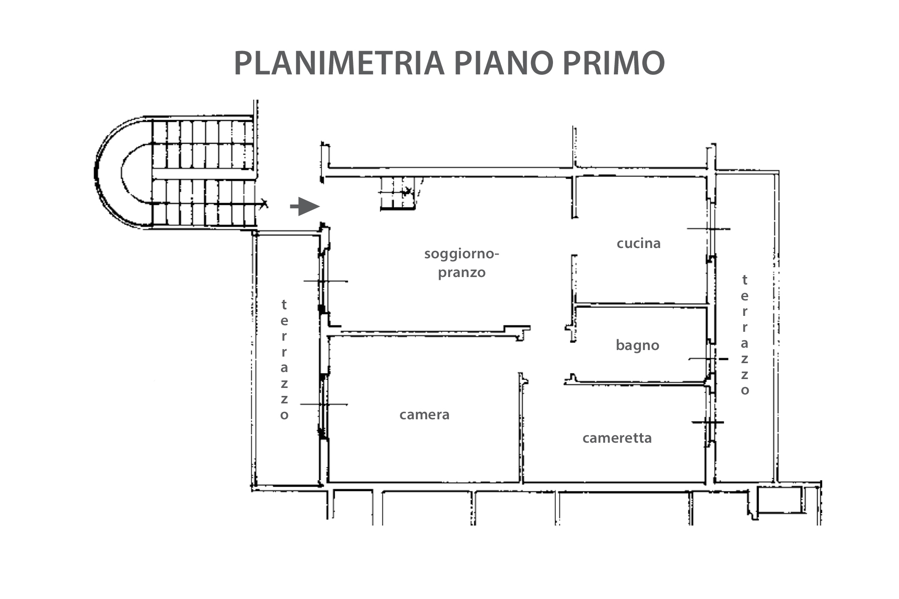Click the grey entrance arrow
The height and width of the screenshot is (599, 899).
(304, 206)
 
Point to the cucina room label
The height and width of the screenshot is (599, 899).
(639, 243)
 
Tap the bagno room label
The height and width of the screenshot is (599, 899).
(637, 345)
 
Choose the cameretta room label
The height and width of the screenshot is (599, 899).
(617, 438)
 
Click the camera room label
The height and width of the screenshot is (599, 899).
(424, 415)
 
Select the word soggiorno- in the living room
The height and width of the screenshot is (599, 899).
(462, 255)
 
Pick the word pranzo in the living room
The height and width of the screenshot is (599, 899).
(462, 273)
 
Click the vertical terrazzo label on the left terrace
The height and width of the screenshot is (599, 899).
(284, 359)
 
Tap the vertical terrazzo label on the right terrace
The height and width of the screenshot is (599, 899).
(744, 335)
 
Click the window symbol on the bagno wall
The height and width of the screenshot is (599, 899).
(709, 359)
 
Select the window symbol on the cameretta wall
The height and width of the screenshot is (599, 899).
(708, 422)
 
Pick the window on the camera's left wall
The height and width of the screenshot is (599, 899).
(323, 404)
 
